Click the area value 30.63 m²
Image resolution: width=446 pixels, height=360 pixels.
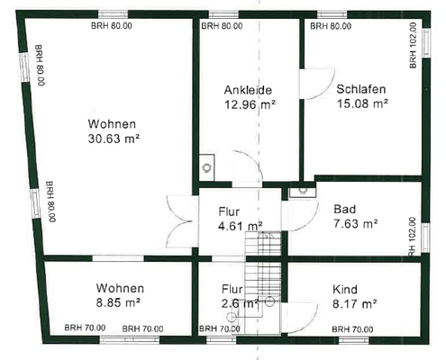coord(114,139)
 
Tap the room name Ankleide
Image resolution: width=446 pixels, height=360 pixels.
coord(247,90)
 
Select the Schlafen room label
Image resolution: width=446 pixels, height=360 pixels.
coord(361,90)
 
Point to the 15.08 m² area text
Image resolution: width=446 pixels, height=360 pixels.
coord(362,104)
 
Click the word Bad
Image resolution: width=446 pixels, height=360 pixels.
coord(344,208)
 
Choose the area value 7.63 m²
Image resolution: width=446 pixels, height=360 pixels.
coord(355,223)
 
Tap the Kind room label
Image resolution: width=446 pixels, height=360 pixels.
coord(345,290)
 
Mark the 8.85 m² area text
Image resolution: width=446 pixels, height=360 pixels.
coord(120,303)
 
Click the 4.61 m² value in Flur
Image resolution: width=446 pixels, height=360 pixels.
coord(241,227)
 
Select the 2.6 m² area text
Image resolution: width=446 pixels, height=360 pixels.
coord(241,303)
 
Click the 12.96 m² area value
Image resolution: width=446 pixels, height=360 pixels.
coord(250,104)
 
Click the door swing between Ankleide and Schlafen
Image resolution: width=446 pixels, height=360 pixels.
coord(312,85)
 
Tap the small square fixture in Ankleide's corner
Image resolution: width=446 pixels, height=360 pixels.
coord(207,166)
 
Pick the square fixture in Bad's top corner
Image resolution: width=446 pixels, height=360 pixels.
coord(302,190)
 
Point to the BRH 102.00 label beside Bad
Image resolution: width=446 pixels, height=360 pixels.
coord(414,237)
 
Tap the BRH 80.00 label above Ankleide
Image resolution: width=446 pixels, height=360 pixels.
coord(222,27)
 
